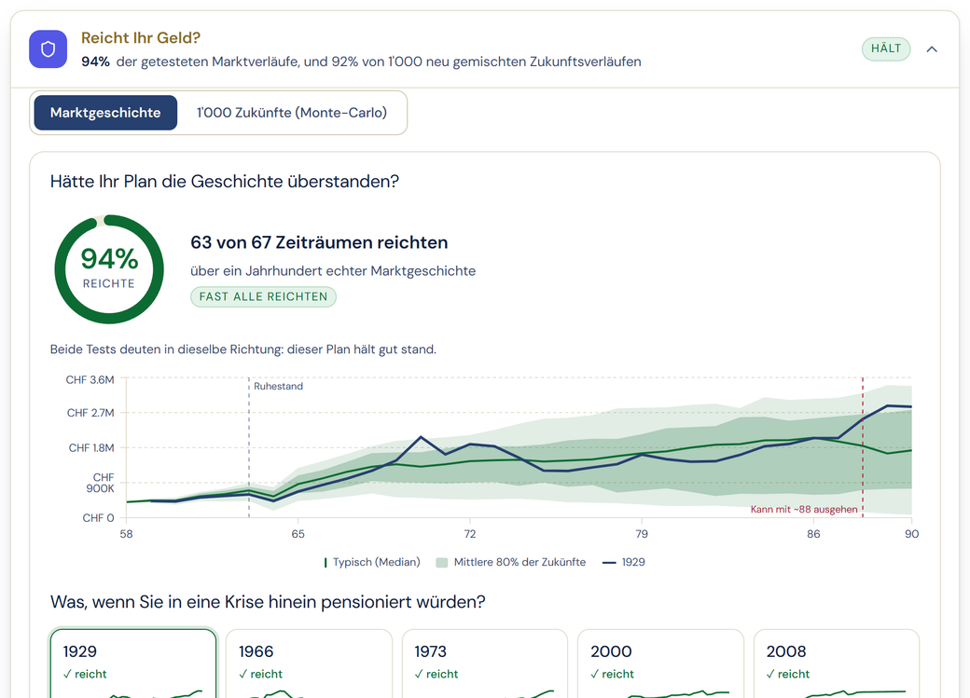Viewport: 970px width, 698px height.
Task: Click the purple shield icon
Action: [48, 48]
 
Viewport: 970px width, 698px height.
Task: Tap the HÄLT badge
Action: [886, 48]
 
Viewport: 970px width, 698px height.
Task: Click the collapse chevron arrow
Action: [932, 49]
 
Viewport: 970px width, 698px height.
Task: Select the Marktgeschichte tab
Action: [105, 113]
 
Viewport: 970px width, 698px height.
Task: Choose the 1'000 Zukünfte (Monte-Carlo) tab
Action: [291, 113]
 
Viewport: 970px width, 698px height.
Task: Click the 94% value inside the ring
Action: [109, 258]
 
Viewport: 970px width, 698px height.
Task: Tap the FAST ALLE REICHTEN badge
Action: [263, 296]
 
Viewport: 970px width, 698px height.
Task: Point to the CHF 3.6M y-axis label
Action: [90, 379]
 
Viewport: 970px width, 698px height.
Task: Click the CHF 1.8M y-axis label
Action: [91, 447]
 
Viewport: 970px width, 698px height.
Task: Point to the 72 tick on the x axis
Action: [469, 534]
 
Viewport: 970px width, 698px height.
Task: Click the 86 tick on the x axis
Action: [813, 534]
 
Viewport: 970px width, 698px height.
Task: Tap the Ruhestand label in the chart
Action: [278, 386]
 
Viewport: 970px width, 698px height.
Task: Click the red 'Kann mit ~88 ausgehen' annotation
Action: [804, 510]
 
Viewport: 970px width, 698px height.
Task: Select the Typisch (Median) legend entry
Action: [372, 562]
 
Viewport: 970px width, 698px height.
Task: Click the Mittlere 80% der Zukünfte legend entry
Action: [511, 562]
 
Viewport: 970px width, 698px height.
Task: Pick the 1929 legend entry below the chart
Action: [624, 562]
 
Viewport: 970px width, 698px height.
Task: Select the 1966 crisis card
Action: [309, 664]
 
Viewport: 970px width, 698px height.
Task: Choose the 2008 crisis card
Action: [837, 664]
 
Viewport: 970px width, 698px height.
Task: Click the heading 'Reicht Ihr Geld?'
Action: [141, 37]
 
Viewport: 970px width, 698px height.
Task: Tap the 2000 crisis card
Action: [660, 664]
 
